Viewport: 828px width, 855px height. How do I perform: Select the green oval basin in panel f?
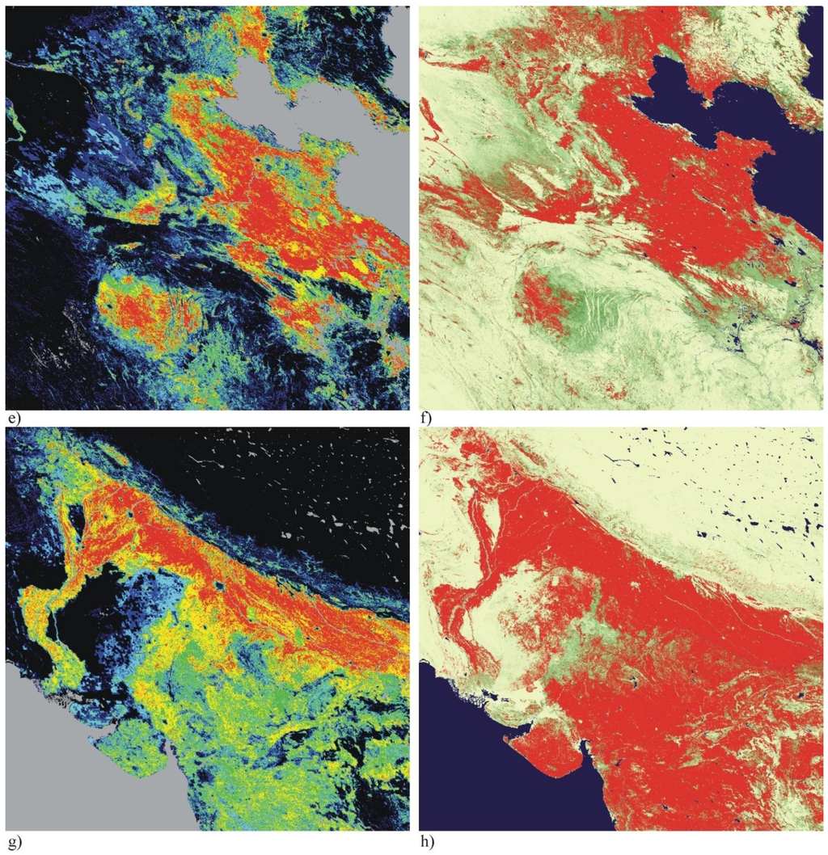tap(582, 311)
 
